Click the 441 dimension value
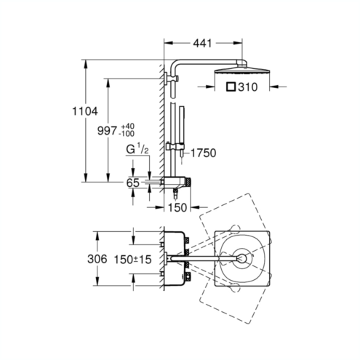click(x=202, y=44)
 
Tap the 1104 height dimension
click(x=85, y=111)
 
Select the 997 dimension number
click(x=107, y=131)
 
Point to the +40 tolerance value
click(x=128, y=127)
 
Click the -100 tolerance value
click(x=127, y=134)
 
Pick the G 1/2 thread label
click(x=137, y=149)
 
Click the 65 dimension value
click(x=133, y=183)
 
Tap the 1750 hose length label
click(x=204, y=153)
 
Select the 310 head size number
click(x=248, y=87)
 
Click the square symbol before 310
click(x=231, y=87)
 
